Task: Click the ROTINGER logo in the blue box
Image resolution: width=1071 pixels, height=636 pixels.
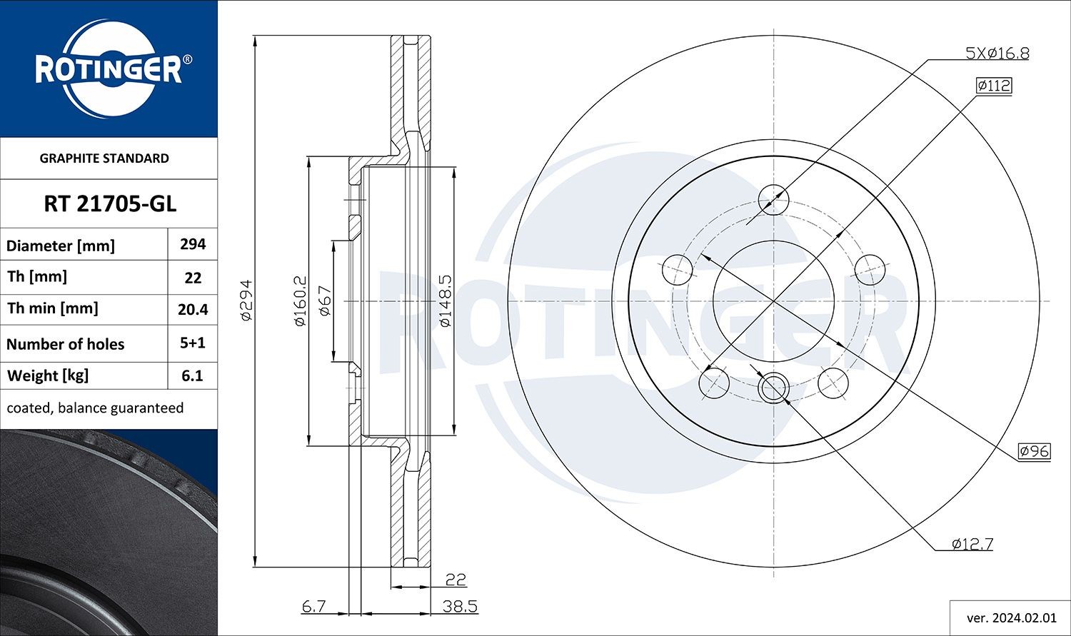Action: (x=109, y=69)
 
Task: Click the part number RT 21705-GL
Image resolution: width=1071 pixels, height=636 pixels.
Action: (x=109, y=204)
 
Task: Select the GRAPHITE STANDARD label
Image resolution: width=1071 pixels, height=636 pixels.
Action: (x=104, y=158)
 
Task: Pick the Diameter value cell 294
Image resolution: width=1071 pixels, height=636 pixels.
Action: (x=193, y=244)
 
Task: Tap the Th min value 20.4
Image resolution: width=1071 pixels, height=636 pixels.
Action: (x=193, y=309)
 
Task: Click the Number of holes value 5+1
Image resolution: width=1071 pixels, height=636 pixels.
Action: (x=193, y=343)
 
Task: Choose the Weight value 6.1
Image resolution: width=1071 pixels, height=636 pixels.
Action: (x=193, y=375)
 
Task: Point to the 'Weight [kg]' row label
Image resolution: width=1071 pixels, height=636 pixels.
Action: (x=47, y=375)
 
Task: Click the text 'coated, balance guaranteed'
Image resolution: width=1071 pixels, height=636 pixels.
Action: (x=95, y=408)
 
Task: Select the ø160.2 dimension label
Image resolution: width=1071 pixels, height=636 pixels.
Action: (x=300, y=301)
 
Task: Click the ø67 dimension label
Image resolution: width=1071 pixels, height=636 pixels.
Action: (x=324, y=301)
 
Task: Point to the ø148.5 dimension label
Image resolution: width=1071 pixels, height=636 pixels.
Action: (x=445, y=301)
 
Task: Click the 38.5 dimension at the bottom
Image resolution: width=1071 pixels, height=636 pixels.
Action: (x=460, y=607)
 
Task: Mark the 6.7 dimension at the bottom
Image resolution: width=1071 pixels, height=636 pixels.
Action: (x=313, y=607)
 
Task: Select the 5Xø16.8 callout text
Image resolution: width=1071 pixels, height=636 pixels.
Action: (x=997, y=53)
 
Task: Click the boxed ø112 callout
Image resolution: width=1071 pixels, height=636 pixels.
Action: (x=993, y=86)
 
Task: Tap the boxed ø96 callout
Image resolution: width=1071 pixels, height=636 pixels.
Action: (x=1034, y=451)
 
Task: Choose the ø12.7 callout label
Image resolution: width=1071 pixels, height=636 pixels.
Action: (x=972, y=544)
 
